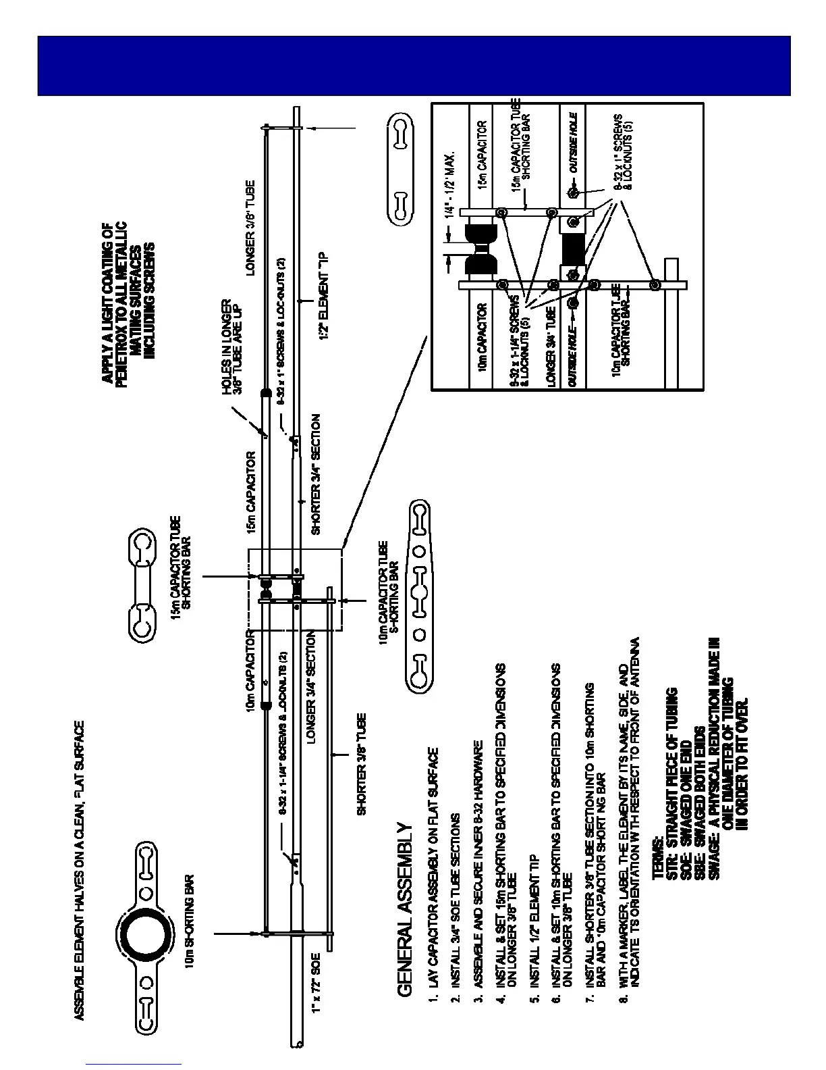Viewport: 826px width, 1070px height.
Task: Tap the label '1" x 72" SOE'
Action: tap(316, 987)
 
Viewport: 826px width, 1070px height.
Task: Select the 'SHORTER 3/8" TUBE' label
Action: tap(361, 765)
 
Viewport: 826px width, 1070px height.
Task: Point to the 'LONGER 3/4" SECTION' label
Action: tap(312, 687)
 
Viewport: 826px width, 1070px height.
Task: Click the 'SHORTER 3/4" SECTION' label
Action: tap(315, 475)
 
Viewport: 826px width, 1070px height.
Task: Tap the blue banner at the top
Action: tap(413, 66)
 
